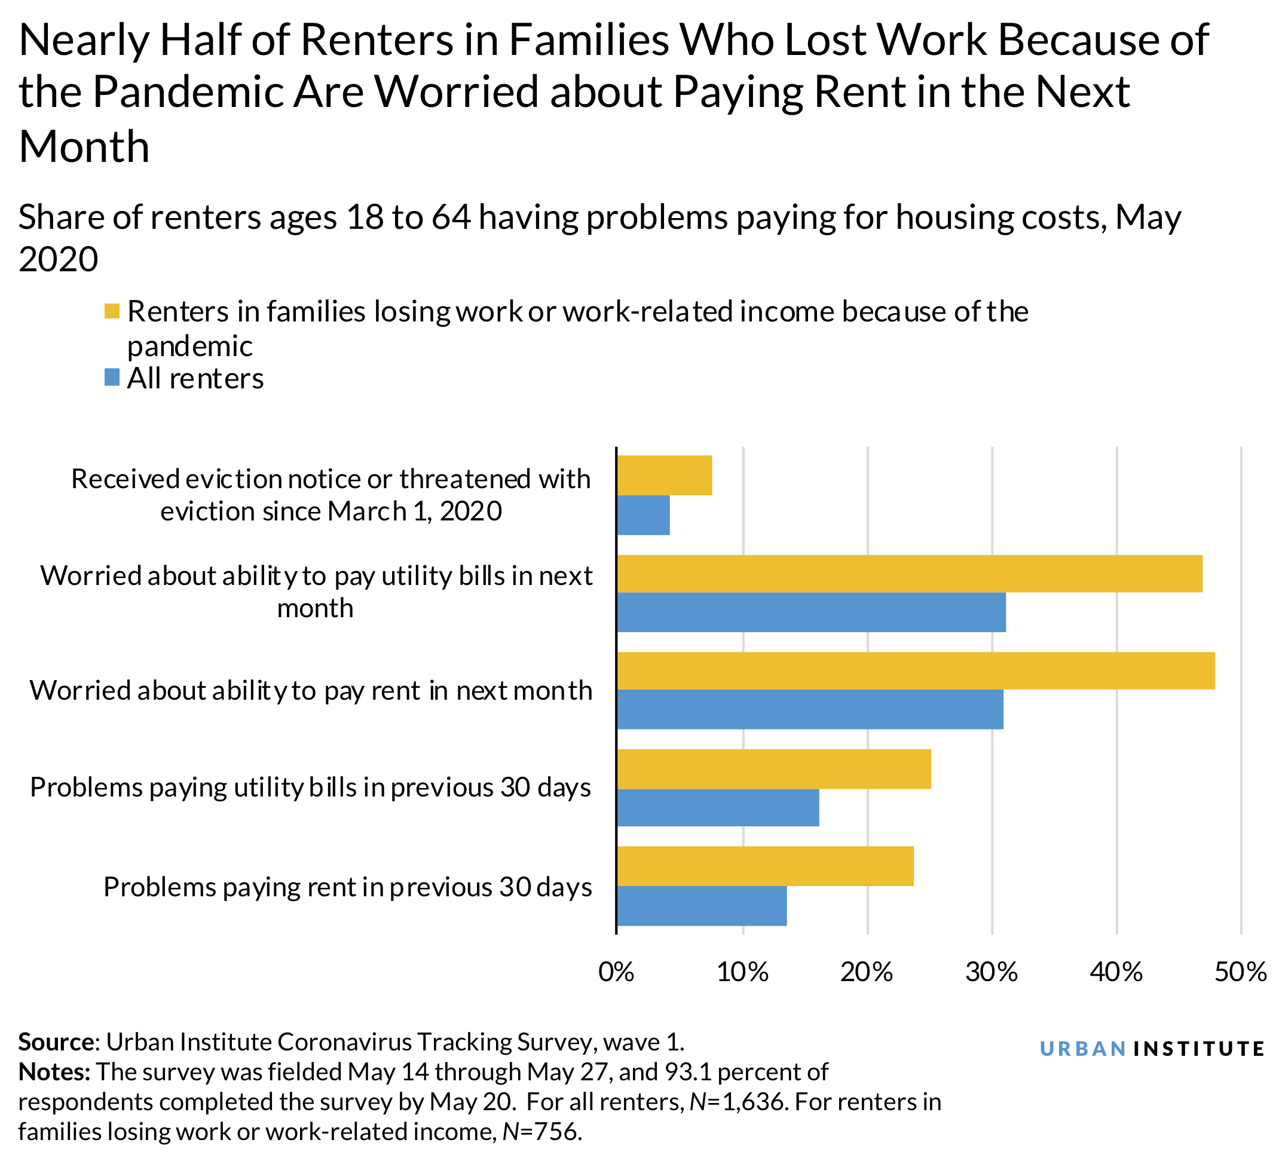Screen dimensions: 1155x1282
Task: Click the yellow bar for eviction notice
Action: (664, 476)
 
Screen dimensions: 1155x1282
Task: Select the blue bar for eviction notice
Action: (643, 514)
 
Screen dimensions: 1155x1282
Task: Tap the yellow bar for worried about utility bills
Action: (909, 573)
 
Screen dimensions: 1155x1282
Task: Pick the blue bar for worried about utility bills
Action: (810, 612)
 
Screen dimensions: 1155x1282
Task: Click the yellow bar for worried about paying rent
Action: (915, 670)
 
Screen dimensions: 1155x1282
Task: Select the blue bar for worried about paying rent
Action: (809, 709)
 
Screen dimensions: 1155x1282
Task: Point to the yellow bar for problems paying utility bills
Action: (773, 768)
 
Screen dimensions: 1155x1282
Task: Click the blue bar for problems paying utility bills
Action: (717, 807)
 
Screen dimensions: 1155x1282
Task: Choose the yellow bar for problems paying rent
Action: (765, 866)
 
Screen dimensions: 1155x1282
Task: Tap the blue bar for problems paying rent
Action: (701, 906)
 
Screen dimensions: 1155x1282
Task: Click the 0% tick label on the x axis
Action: (616, 972)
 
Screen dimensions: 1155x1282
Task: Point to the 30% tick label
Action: (992, 972)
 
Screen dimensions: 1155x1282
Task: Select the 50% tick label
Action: (1240, 972)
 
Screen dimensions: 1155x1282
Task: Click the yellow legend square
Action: (112, 311)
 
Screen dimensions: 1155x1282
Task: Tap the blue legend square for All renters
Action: (112, 378)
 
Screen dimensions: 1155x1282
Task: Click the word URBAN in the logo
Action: (1083, 1049)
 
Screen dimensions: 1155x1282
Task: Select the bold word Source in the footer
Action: (56, 1042)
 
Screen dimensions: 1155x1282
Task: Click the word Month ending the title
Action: (84, 146)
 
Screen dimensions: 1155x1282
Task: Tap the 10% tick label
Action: (742, 972)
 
